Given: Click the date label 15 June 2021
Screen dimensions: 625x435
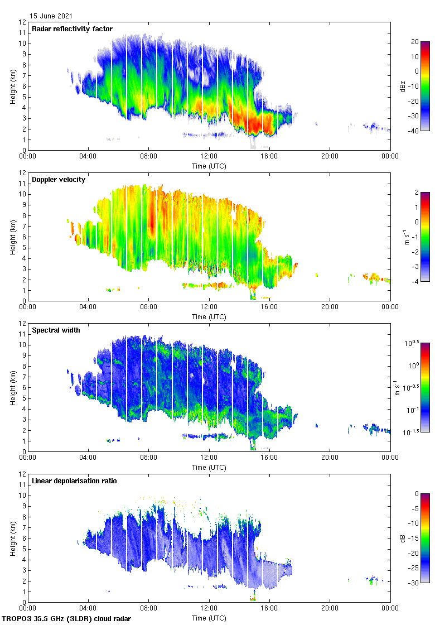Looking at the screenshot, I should (51, 16).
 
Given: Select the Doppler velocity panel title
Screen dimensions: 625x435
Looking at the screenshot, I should (59, 180).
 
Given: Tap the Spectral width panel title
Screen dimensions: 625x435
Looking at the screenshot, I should (56, 330).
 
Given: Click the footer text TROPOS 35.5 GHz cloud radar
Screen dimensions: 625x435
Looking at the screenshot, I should (67, 619).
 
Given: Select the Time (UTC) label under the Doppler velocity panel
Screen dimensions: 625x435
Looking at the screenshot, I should (209, 317).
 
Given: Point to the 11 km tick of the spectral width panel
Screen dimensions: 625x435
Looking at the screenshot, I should (22, 334).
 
